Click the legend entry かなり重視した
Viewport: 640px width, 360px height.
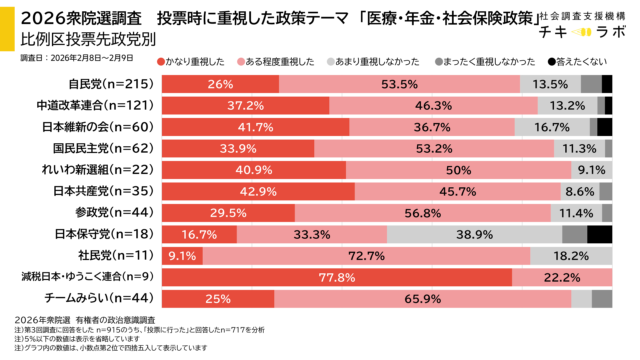[x=199, y=61]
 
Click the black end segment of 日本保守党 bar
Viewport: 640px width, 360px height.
[x=599, y=234]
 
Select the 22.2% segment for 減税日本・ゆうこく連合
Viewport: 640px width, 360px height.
[x=562, y=277]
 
